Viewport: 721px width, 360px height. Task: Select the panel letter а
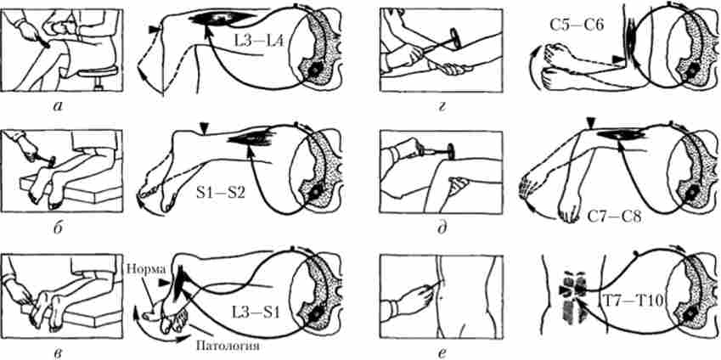59,108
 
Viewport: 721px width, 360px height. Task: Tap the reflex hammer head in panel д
451,152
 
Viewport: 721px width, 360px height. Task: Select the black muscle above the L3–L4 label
222,18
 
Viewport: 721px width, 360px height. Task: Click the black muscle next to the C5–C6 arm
628,42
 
